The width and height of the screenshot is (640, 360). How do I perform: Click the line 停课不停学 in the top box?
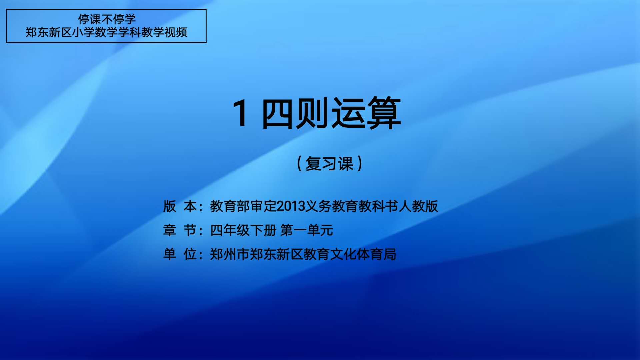tap(107, 19)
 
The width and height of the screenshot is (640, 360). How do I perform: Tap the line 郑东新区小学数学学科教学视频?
tap(107, 32)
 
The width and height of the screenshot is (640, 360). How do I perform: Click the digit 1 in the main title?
tap(240, 113)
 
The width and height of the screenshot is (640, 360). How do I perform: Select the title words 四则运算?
tap(332, 113)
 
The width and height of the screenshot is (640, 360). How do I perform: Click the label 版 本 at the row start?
tap(180, 206)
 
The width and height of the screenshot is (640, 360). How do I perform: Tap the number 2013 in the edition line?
tap(291, 206)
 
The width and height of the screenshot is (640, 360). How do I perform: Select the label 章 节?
tap(180, 230)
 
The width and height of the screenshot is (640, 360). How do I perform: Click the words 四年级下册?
tap(244, 230)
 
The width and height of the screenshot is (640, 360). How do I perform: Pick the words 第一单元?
tap(307, 230)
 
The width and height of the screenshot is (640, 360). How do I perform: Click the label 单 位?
tap(180, 254)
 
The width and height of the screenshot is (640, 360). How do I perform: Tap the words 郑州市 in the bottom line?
tap(230, 254)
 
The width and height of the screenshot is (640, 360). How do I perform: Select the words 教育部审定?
tap(244, 206)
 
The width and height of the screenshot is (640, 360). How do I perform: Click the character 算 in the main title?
tap(384, 113)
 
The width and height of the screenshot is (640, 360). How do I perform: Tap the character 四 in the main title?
tap(279, 114)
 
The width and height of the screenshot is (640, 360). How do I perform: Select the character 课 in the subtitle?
tap(346, 164)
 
